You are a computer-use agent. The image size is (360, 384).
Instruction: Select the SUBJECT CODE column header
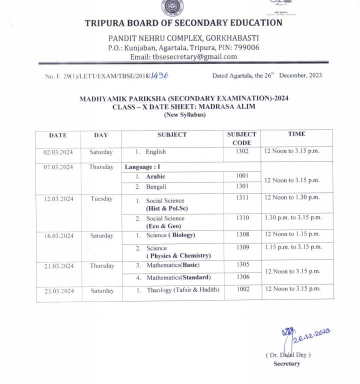point(242,138)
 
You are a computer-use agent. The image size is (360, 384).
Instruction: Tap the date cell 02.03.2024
point(58,152)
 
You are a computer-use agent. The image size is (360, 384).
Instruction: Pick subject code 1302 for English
point(242,151)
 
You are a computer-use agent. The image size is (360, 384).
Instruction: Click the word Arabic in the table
point(155,176)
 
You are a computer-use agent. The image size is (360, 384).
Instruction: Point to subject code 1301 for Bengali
point(242,186)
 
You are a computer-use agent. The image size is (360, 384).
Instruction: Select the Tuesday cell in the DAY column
point(101,199)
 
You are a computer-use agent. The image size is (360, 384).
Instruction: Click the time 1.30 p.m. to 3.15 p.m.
point(293,217)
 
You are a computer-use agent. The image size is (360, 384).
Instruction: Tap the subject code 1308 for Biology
point(242,234)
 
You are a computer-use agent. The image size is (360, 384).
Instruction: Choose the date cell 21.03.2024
point(58,266)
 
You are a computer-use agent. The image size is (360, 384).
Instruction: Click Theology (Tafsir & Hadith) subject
point(183,290)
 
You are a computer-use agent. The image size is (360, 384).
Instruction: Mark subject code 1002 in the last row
point(242,289)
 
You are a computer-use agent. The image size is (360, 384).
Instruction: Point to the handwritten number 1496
point(160,75)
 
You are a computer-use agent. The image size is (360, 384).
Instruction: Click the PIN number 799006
point(245,47)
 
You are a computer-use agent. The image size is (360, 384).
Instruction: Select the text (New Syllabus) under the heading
point(184,115)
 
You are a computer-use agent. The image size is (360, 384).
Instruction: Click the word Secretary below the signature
point(287,363)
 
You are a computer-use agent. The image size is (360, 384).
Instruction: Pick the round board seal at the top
point(172,7)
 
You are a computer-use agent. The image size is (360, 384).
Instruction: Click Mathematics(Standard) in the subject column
point(178,277)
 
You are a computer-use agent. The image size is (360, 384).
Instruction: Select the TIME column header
point(296,134)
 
